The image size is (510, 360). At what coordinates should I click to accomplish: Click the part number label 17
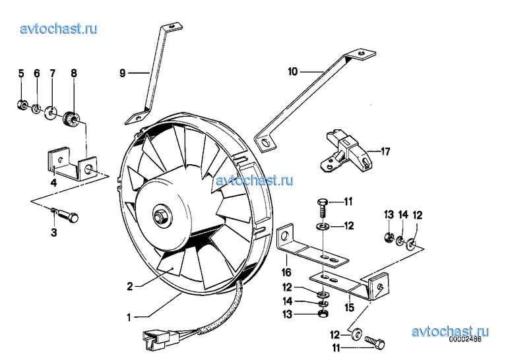[x=385, y=152]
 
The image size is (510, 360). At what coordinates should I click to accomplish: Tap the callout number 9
[x=122, y=73]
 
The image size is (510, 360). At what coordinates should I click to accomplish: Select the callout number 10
[x=293, y=71]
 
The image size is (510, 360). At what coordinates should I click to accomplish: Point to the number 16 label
[x=286, y=272]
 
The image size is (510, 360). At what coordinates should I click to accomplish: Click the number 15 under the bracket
[x=349, y=307]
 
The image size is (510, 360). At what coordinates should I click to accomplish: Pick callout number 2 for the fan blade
[x=130, y=286]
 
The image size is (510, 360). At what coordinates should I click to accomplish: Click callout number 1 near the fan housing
[x=129, y=317]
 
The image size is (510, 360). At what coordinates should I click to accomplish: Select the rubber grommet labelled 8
[x=70, y=119]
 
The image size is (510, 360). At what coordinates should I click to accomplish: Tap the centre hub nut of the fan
[x=160, y=216]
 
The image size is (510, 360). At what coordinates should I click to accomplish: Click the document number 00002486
[x=465, y=339]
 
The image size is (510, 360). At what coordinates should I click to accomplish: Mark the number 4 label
[x=53, y=183]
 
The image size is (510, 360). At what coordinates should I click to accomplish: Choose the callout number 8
[x=74, y=73]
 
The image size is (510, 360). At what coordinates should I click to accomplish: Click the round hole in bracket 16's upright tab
[x=285, y=235]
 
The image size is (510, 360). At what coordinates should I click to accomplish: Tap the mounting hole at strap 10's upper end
[x=362, y=53]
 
